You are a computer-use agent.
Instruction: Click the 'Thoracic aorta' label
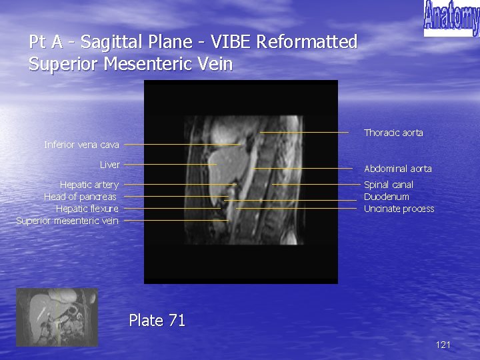coord(393,133)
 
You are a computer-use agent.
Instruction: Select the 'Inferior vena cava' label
coord(81,144)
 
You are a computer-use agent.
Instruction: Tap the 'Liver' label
coord(110,164)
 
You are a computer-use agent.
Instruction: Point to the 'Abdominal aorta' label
coord(397,169)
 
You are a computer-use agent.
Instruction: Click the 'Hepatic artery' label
coord(89,185)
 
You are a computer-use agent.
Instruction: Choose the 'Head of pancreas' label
coord(80,197)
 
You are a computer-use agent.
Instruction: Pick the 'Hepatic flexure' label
coord(87,209)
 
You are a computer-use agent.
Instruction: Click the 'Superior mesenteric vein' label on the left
coord(67,221)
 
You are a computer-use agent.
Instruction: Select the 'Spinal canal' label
coord(388,185)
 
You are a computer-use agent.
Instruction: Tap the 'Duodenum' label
coord(386,197)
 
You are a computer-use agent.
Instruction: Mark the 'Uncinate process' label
coord(399,209)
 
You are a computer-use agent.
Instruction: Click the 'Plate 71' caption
coord(157,321)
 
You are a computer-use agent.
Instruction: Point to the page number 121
coord(443,345)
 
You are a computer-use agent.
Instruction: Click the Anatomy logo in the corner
coord(451,19)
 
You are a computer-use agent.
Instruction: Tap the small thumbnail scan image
coord(57,317)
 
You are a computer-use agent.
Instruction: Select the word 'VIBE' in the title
coord(231,42)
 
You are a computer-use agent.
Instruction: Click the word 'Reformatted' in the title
coord(307,42)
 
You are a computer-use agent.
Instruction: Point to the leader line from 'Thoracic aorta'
coord(304,133)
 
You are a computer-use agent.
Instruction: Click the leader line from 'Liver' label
coord(170,164)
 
